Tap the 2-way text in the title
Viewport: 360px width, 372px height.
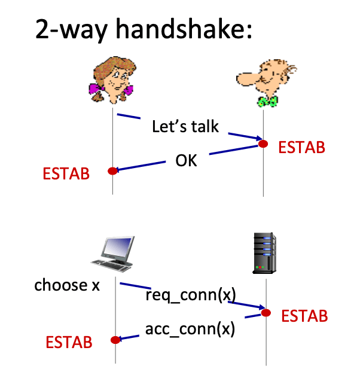pos(71,30)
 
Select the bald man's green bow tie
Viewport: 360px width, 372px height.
pos(267,101)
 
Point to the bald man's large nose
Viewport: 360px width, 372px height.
pos(248,79)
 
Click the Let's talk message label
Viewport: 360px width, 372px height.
pos(185,126)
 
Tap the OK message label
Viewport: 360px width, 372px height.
pos(186,161)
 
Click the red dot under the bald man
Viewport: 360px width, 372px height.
pos(263,144)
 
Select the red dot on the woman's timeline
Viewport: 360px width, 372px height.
pos(112,171)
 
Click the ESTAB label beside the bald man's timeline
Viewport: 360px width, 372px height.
pos(301,147)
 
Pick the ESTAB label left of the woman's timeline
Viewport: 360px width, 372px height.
pos(66,173)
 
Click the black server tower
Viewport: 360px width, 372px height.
pos(264,253)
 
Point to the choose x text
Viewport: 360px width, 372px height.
pos(67,285)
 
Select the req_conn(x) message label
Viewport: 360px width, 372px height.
pos(191,295)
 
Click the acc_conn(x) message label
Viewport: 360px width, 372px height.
pos(190,329)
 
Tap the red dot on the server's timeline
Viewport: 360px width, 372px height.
pos(266,313)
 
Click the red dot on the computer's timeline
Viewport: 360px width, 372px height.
pos(115,340)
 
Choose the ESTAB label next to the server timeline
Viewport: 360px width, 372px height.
pos(304,316)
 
